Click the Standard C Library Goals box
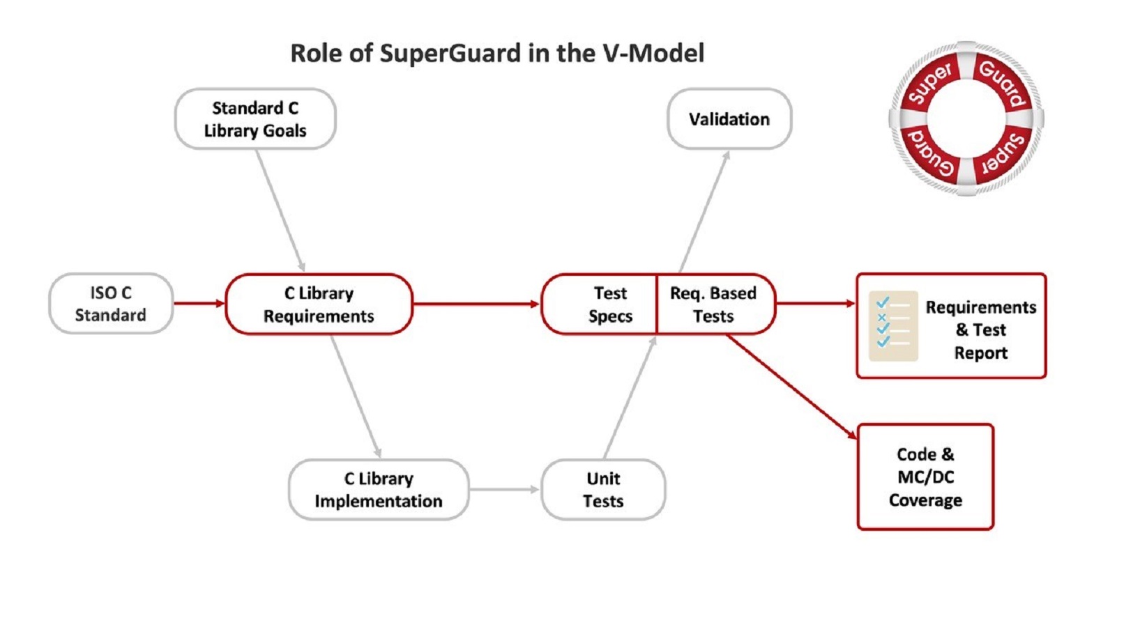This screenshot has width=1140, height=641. click(254, 119)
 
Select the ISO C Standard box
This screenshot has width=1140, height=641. click(110, 304)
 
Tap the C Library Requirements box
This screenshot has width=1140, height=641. click(319, 304)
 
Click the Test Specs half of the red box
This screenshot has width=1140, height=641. click(603, 304)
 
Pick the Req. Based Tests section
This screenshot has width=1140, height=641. click(713, 304)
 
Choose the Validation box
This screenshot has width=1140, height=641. click(729, 119)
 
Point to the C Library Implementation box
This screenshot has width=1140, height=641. click(378, 490)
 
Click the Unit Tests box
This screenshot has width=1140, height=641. click(602, 490)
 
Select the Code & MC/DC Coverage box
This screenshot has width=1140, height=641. click(925, 477)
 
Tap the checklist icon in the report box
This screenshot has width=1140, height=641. click(892, 326)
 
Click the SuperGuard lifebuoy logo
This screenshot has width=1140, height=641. click(966, 118)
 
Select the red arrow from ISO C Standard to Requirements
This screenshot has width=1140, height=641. click(199, 303)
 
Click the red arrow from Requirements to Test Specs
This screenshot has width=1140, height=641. click(476, 304)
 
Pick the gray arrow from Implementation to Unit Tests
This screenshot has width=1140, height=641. click(504, 490)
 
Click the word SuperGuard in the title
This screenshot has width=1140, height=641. click(450, 54)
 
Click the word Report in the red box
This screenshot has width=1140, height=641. click(980, 353)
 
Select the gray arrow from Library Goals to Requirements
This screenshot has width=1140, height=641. click(280, 210)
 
